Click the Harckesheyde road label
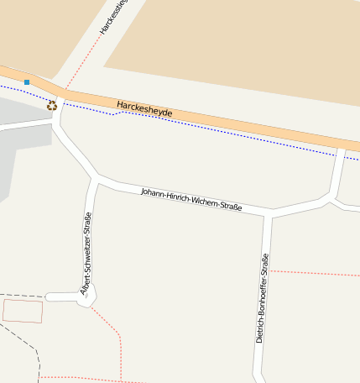click(x=144, y=109)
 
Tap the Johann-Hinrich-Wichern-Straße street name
click(x=191, y=199)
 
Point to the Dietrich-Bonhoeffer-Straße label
click(x=262, y=300)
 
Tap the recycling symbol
click(x=52, y=106)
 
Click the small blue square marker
click(x=27, y=82)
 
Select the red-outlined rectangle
click(x=23, y=311)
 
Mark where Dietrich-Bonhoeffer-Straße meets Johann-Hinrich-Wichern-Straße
click(x=268, y=212)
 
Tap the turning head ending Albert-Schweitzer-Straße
click(x=88, y=296)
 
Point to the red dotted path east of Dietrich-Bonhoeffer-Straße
click(x=315, y=273)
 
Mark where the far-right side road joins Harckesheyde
click(x=342, y=149)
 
